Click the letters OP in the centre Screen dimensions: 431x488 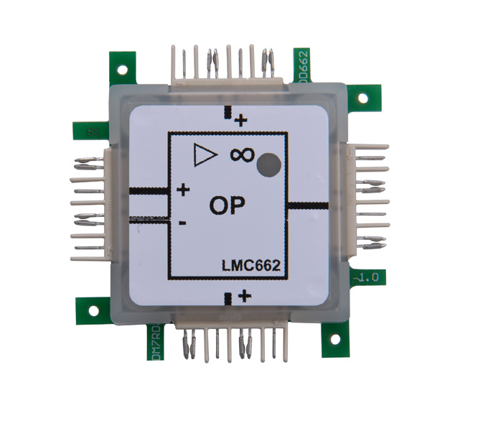click(227, 205)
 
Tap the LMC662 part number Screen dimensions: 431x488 click(250, 267)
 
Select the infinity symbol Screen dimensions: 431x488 click(242, 154)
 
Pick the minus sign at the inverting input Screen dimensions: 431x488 click(182, 223)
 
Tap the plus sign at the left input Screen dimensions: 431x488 click(183, 190)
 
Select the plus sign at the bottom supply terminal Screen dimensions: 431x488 click(245, 295)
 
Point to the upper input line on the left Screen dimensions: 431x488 click(149, 191)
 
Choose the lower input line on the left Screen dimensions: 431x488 click(149, 216)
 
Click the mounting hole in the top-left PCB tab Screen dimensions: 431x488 click(123, 71)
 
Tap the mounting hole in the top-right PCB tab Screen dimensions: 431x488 click(362, 98)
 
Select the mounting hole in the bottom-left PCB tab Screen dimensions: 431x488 click(93, 311)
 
